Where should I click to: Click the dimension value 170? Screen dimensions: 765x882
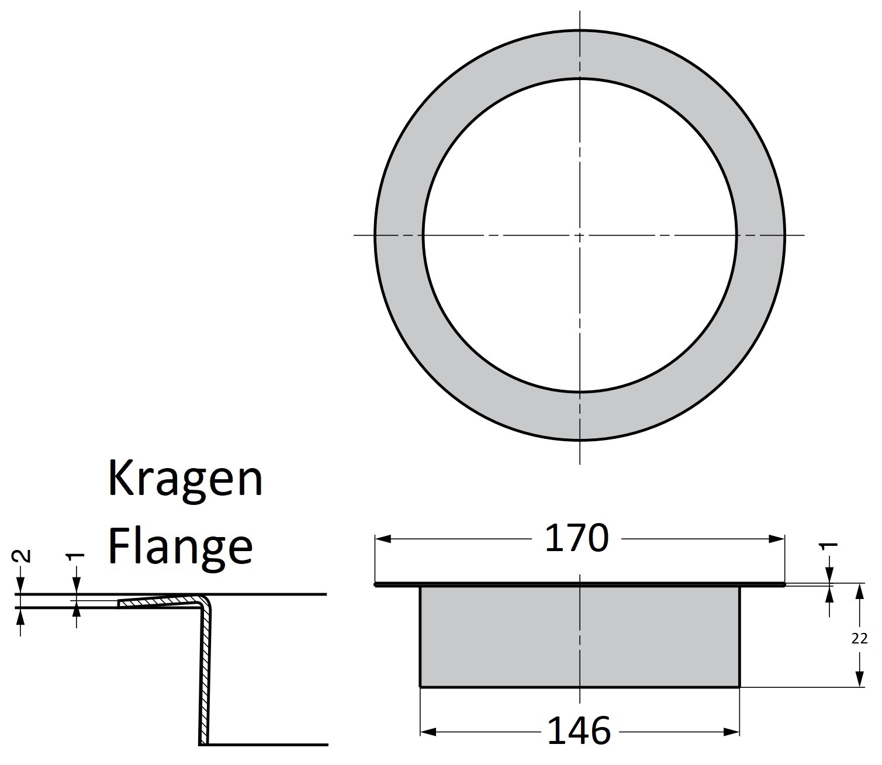point(576,539)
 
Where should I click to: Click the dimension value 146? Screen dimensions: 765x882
point(579,731)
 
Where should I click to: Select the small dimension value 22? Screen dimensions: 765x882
point(859,639)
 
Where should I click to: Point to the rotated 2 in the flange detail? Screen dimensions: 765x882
point(22,555)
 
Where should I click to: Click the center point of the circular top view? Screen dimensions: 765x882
point(579,235)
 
